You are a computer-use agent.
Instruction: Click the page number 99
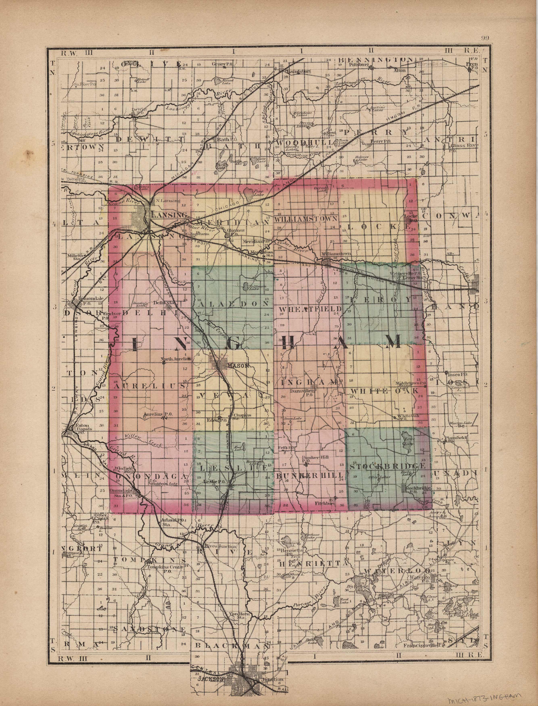485,39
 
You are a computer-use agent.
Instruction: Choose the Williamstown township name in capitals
306,219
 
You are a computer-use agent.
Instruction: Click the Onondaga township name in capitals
151,476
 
